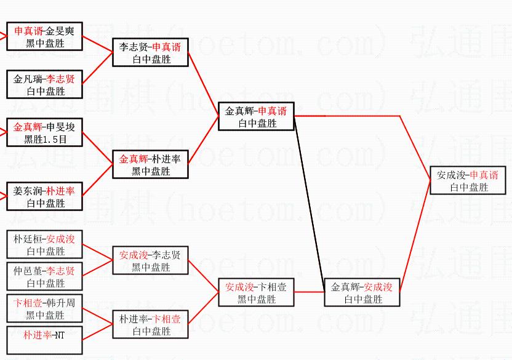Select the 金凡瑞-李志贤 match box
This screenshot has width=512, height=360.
(44, 85)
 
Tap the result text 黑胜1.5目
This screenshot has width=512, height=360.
(45, 140)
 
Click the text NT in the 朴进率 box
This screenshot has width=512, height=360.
(60, 335)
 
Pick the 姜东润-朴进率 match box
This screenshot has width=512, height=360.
(44, 196)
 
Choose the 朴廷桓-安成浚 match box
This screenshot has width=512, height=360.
(44, 244)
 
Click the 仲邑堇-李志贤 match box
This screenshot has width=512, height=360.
(44, 276)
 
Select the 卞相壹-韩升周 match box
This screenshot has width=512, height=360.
(44, 309)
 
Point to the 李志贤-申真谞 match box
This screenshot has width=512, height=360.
(150, 53)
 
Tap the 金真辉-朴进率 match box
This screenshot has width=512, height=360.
(150, 164)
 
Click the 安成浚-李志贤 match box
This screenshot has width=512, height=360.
(150, 260)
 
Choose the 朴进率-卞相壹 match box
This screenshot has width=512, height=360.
(150, 325)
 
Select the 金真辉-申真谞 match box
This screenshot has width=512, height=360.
(256, 116)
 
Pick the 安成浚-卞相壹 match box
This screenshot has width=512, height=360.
(256, 292)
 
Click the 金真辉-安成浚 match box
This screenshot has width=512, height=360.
(362, 292)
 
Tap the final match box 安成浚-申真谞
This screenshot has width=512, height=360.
(468, 180)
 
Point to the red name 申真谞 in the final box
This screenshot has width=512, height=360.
(484, 175)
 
